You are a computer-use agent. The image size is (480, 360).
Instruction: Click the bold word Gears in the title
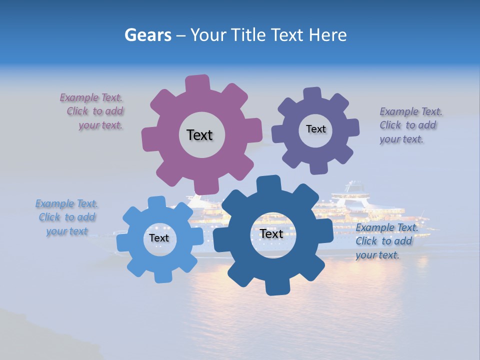click(x=147, y=35)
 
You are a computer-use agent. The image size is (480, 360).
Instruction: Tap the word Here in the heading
click(x=327, y=35)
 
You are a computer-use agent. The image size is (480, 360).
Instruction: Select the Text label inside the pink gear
click(x=199, y=135)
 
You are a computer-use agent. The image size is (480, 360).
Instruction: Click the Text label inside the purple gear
click(x=315, y=129)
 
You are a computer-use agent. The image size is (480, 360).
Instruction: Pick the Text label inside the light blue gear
click(x=159, y=238)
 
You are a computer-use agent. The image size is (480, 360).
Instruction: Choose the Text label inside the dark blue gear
click(x=271, y=233)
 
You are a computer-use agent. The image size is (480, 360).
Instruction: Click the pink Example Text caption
click(x=92, y=111)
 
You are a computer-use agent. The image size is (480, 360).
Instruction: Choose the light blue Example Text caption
click(x=67, y=217)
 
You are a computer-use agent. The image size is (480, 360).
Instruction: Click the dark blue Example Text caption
click(x=385, y=241)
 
